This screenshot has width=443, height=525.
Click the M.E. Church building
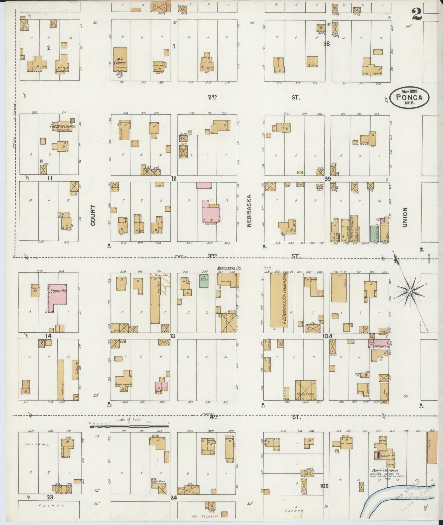(120, 58)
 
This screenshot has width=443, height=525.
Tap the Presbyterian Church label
(63, 126)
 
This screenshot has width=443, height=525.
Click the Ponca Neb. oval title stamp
(409, 97)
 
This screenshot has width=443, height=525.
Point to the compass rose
(410, 289)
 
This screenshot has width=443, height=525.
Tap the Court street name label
(93, 215)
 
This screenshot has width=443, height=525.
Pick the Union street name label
(405, 217)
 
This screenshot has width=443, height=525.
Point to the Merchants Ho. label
(229, 268)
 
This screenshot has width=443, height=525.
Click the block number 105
(324, 486)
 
